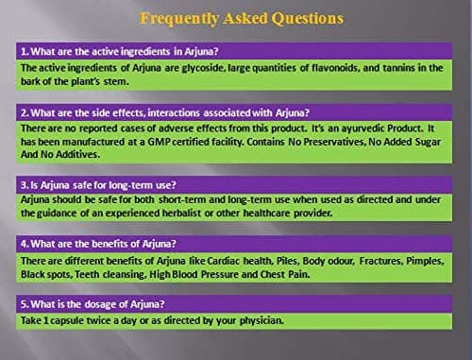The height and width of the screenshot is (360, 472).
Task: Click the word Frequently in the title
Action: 179,19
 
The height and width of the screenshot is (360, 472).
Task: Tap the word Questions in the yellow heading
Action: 308,19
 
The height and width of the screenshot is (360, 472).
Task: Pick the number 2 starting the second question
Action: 24,112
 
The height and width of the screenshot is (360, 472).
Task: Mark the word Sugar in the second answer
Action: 428,143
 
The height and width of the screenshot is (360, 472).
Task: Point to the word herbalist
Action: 181,214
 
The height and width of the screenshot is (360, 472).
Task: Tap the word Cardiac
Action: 224,261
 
